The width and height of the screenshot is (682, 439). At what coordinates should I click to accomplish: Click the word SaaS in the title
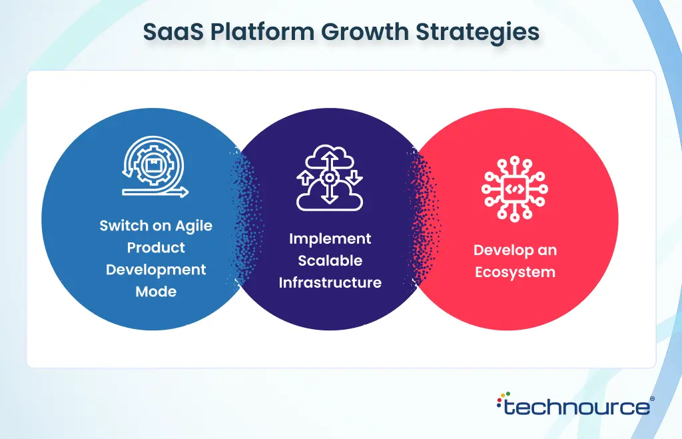tap(174, 32)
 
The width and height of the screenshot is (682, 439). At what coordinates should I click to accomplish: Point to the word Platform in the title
tap(262, 32)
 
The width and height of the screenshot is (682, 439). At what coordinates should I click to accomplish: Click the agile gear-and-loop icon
tap(155, 167)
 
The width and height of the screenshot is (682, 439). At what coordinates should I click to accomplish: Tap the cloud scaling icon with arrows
tap(330, 178)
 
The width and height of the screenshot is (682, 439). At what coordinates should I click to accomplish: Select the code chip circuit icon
tap(515, 189)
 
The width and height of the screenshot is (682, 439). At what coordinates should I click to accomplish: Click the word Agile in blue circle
tap(194, 226)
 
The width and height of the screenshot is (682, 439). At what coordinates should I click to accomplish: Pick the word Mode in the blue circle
tap(156, 291)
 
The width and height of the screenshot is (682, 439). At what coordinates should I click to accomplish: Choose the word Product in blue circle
tap(156, 248)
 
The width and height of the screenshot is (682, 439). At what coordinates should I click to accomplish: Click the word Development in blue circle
tap(156, 270)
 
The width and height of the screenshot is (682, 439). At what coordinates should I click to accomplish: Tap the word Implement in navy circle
tap(330, 239)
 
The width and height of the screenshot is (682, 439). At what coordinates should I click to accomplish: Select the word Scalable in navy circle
tap(330, 260)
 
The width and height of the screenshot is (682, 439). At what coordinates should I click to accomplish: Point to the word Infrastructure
tap(330, 282)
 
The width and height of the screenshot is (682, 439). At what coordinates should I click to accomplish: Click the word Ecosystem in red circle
tap(515, 272)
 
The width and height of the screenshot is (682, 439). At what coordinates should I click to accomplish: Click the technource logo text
tap(577, 407)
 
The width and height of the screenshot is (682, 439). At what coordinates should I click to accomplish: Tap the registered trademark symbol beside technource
tap(652, 398)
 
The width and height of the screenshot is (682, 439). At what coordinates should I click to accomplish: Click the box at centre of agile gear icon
tap(155, 165)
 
